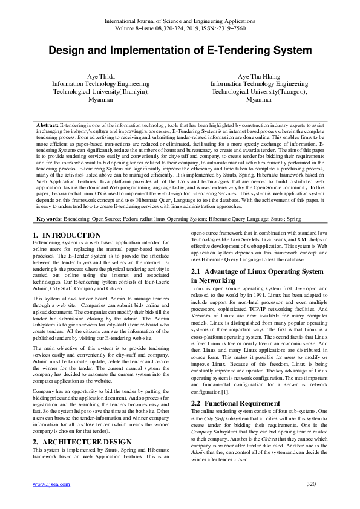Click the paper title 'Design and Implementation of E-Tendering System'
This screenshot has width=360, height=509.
point(180,50)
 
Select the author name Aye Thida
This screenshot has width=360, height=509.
point(101,76)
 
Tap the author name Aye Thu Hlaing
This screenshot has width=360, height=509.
point(259,76)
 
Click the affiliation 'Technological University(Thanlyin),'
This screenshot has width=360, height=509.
point(101,92)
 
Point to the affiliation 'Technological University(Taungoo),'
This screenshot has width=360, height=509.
point(259,92)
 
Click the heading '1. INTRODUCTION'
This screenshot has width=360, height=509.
point(62,234)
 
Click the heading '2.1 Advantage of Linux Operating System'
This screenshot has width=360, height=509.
point(257,271)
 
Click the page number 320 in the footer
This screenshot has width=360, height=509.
point(312,501)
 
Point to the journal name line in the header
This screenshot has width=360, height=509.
point(180,21)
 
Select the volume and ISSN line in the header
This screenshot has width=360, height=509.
point(180,28)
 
